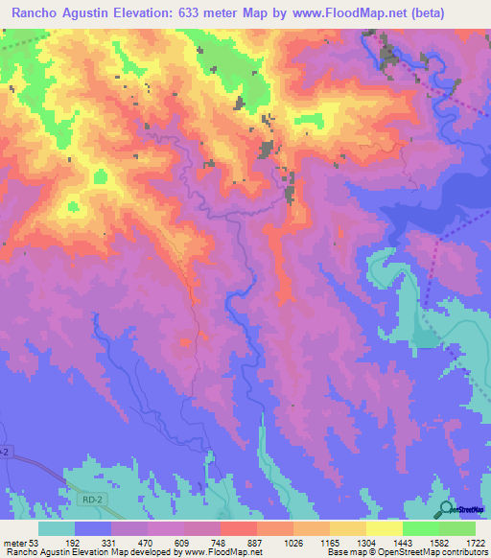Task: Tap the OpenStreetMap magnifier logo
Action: point(445,509)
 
